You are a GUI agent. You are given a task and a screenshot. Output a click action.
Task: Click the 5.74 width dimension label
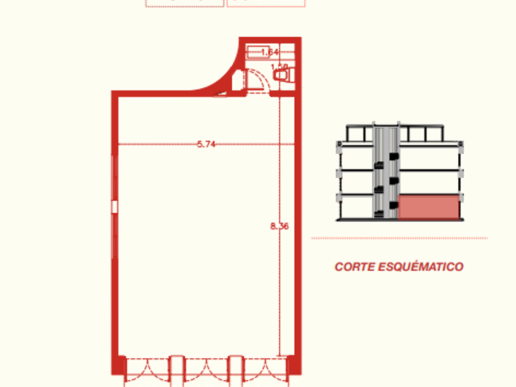click(206, 144)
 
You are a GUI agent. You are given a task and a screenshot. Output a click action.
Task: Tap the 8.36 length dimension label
click(279, 226)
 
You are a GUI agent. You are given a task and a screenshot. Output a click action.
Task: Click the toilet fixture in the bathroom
click(283, 75)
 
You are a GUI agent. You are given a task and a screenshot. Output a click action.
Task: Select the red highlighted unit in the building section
click(429, 207)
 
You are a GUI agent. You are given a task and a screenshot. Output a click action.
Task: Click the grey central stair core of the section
click(386, 173)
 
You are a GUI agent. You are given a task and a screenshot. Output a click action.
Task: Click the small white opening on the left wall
click(114, 206)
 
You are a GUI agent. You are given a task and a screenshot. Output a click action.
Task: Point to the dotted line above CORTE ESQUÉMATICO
click(399, 238)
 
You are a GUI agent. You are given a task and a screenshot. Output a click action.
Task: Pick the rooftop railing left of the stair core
click(359, 133)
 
